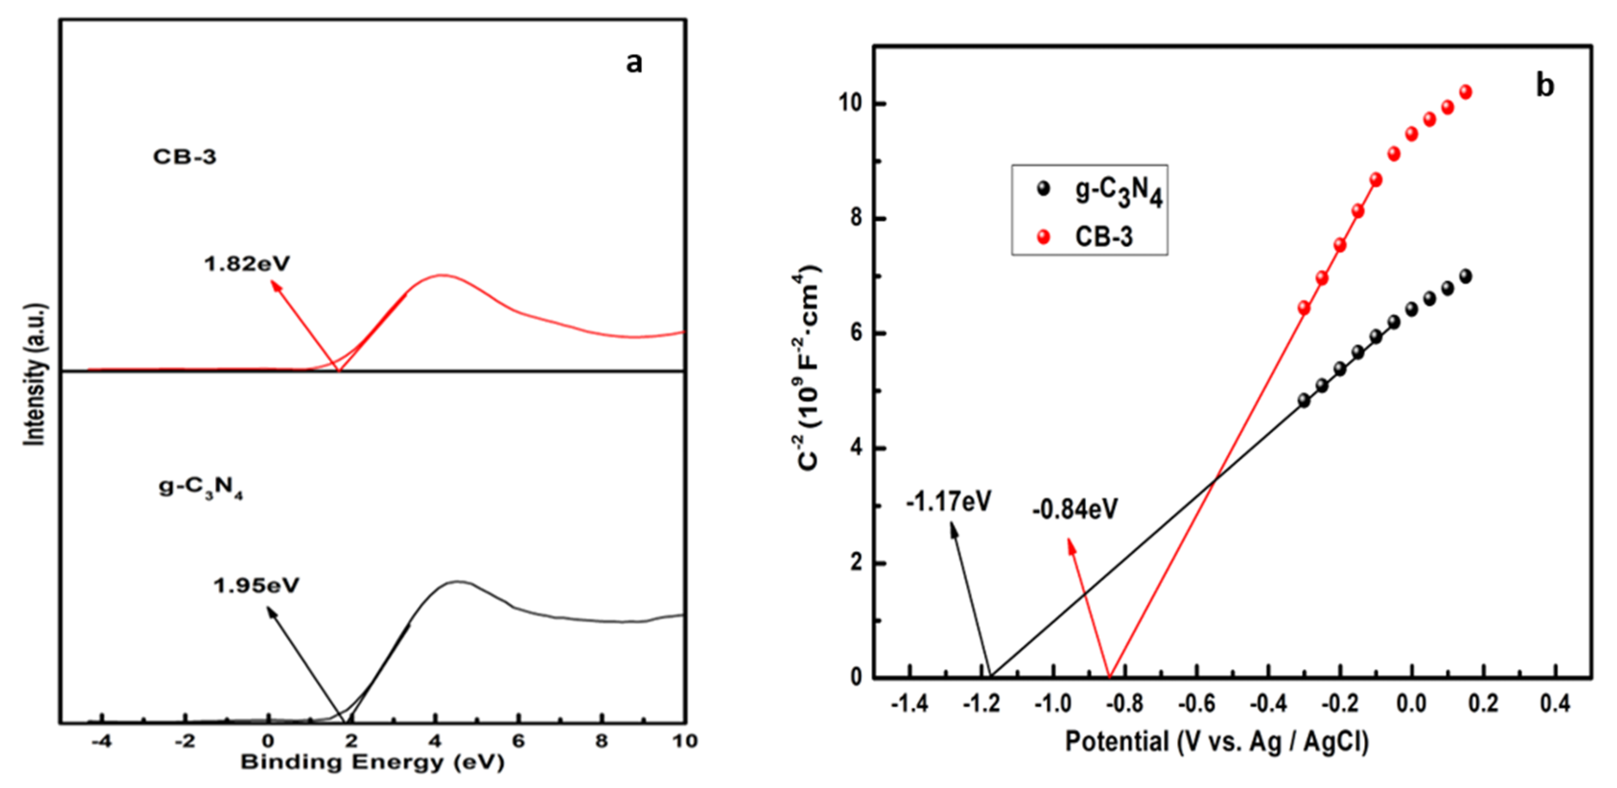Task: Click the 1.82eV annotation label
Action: coord(247,264)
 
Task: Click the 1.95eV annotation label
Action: coord(256,586)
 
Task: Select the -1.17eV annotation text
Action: coord(948,502)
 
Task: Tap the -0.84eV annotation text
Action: coord(1075,509)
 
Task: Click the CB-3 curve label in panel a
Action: coord(185,156)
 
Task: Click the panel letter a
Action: coord(634,63)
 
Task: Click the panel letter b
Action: coord(1545,85)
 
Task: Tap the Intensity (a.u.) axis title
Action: coord(35,375)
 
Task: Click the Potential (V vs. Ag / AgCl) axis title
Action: coord(1217,741)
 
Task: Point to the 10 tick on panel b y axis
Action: coord(849,104)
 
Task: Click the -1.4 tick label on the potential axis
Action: coord(909,704)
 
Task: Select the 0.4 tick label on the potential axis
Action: coord(1556,704)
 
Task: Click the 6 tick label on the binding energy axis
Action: coord(518,741)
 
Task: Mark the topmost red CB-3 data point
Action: coord(1466,92)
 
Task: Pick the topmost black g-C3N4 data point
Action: coord(1466,276)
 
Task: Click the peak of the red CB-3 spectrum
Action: coord(442,275)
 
